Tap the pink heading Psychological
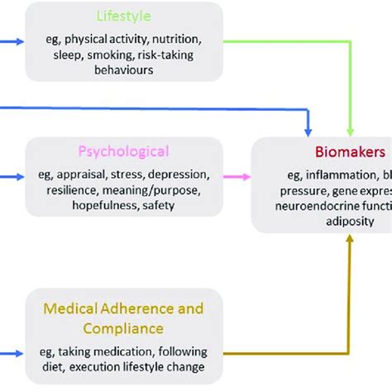pos(124,151)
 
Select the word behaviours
pos(124,70)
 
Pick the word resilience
pos(65,190)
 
